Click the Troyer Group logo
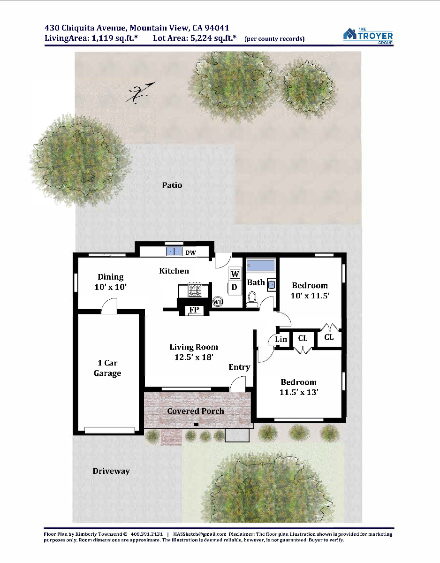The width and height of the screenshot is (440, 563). [368, 36]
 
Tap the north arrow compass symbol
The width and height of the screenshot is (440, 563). [140, 93]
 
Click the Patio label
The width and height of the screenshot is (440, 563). [172, 185]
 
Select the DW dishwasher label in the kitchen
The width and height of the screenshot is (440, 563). [190, 252]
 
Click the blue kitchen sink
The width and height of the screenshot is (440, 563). [174, 251]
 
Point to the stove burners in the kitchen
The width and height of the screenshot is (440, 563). [195, 290]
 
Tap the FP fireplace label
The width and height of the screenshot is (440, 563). [194, 310]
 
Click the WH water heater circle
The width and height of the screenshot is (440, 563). [218, 302]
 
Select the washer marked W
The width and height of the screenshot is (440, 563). [235, 274]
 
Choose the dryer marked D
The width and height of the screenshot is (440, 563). [235, 287]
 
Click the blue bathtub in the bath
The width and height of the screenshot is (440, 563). [260, 265]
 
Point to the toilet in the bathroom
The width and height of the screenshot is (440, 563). [252, 299]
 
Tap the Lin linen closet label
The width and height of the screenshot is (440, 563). [281, 339]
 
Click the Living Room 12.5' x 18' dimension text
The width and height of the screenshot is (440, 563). [194, 352]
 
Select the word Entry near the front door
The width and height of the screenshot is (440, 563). [239, 367]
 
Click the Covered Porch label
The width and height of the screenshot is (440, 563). [196, 411]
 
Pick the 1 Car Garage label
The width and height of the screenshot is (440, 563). [107, 368]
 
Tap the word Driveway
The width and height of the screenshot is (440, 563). [111, 471]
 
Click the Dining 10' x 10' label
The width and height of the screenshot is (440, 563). [111, 282]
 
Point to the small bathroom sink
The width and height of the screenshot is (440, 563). [271, 285]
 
